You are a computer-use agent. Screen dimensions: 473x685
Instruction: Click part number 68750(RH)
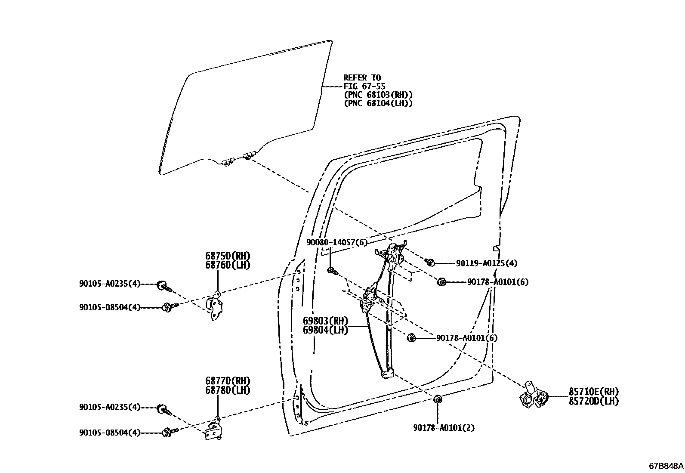tap(227, 256)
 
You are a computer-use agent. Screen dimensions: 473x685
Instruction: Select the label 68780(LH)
tap(227, 390)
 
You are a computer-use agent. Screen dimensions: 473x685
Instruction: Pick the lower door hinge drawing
tap(213, 431)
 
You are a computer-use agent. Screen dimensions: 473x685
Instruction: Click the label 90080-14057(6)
tap(337, 243)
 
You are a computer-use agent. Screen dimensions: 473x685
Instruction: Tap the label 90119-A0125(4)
tap(487, 263)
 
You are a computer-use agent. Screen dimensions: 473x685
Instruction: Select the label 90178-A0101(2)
tap(444, 428)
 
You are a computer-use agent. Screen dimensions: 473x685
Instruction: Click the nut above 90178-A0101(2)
tap(437, 400)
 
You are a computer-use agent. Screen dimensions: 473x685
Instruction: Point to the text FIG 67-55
tap(364, 86)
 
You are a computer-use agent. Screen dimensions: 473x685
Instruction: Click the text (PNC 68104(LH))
tap(378, 103)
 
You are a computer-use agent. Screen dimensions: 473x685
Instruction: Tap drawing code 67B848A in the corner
tap(666, 466)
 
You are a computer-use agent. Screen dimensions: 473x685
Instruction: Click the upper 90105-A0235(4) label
tap(110, 284)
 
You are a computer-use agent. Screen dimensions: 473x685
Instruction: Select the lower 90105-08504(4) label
tap(110, 433)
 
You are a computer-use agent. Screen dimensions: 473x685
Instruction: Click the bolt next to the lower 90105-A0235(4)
tap(164, 409)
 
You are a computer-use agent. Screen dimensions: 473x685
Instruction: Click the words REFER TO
tap(362, 78)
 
